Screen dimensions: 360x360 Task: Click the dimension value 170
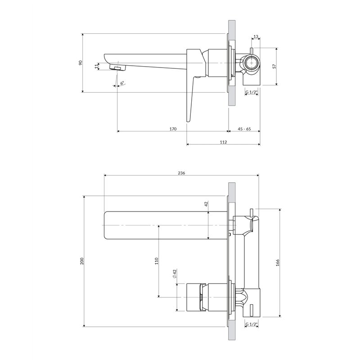173,129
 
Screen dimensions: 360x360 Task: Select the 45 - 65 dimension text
244,129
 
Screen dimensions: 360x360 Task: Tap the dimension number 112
223,142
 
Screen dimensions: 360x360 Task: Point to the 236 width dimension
181,173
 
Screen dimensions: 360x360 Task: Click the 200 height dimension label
82,261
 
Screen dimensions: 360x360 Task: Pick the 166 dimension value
277,263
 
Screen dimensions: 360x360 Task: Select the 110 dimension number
157,261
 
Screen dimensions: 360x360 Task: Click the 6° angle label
122,82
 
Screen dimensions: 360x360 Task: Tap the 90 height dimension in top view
81,63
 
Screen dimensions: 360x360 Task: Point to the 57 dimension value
274,66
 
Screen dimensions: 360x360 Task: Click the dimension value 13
256,36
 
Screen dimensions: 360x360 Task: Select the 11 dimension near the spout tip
96,66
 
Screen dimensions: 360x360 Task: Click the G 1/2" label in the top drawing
252,92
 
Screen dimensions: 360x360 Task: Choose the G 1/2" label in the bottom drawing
252,324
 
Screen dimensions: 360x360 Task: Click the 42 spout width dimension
206,203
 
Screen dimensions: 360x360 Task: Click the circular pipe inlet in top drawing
252,63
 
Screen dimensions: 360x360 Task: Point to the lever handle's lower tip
188,121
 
